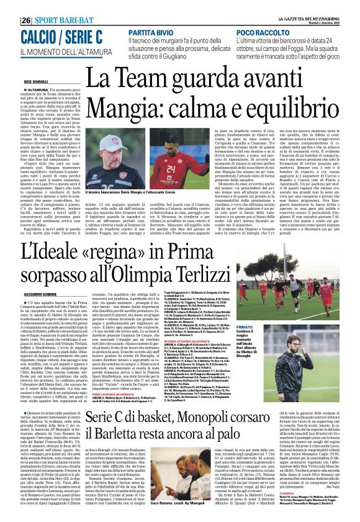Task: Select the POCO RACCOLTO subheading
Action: coord(264,30)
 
